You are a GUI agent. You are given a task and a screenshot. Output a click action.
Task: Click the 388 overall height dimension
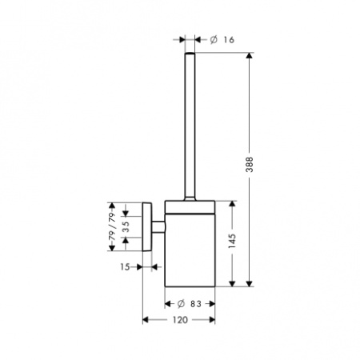point(250,164)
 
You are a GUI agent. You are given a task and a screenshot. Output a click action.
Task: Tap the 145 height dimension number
point(232,241)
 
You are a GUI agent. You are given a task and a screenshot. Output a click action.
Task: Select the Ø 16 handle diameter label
point(222,40)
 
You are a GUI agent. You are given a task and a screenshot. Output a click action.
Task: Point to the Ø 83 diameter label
point(190,304)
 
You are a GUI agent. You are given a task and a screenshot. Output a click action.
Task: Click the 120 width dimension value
point(180,320)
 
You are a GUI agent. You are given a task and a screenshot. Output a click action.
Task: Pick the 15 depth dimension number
point(125,266)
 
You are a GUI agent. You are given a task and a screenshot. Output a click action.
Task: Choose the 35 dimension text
point(126,227)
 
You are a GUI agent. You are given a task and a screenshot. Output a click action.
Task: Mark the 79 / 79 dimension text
point(112,227)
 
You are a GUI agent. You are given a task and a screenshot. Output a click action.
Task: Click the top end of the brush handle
point(190,53)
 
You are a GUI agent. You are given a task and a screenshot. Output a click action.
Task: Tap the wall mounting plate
point(147,227)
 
